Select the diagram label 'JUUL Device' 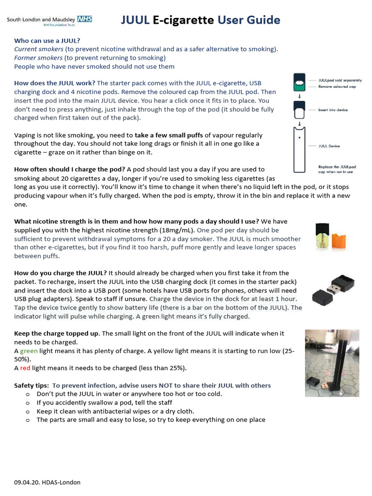329,146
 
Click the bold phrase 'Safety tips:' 31,386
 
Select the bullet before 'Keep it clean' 27,411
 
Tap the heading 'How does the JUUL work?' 55,83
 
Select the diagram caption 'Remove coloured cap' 337,86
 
